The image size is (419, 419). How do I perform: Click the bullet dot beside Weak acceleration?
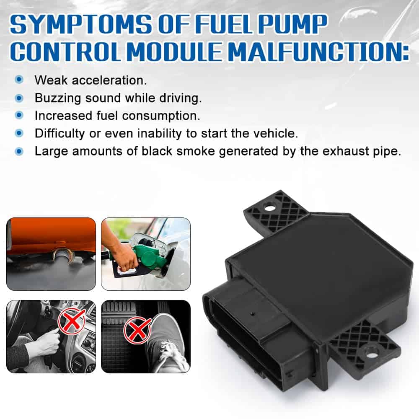pos(19,79)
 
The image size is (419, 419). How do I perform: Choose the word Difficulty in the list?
pos(59,133)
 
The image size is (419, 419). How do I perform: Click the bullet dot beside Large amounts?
pos(19,151)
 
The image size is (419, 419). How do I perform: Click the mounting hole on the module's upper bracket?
pos(270,207)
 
